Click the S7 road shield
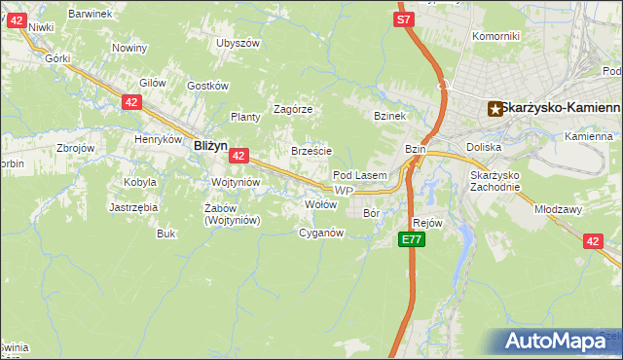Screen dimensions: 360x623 pos(405,18)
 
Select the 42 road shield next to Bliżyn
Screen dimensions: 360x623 pos(239,155)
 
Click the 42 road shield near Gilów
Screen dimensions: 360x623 pos(131,101)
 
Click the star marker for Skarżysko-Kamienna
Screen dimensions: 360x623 pos(495,109)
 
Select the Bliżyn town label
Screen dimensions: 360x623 pos(210,145)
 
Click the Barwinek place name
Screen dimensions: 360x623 pos(92,15)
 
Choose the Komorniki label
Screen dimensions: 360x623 pos(495,36)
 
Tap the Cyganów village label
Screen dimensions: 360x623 pos(321,233)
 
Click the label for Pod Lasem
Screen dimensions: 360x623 pos(360,175)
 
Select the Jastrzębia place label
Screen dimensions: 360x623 pos(133,207)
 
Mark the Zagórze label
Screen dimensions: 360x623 pos(292,109)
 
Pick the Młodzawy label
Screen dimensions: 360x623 pos(557,208)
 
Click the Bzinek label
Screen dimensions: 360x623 pos(388,116)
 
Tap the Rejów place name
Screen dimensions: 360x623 pos(428,222)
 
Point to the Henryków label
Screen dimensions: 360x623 pos(159,139)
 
